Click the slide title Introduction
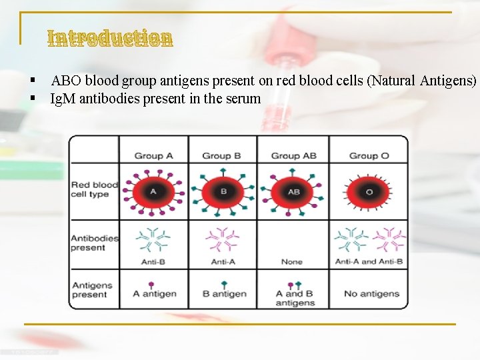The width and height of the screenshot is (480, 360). point(110,38)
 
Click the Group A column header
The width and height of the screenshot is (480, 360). point(153,156)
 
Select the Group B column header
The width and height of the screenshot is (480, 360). point(222,156)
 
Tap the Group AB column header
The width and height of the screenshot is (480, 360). point(294,156)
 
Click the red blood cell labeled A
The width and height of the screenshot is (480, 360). point(153,191)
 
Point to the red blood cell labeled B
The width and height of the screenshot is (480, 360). point(223,191)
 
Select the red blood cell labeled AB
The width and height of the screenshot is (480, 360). point(293,191)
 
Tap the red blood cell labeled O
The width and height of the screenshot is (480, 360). point(369,191)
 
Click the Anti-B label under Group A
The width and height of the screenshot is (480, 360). point(154,262)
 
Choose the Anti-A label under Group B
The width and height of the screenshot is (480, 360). point(223,262)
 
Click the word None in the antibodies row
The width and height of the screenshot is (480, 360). point(291,262)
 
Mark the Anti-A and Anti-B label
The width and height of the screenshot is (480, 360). point(369,262)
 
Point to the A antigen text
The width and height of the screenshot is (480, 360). point(155,294)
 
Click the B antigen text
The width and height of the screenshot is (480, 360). point(225,294)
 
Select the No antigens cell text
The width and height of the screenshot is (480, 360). point(371,294)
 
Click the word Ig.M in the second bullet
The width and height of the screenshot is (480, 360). point(63,99)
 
